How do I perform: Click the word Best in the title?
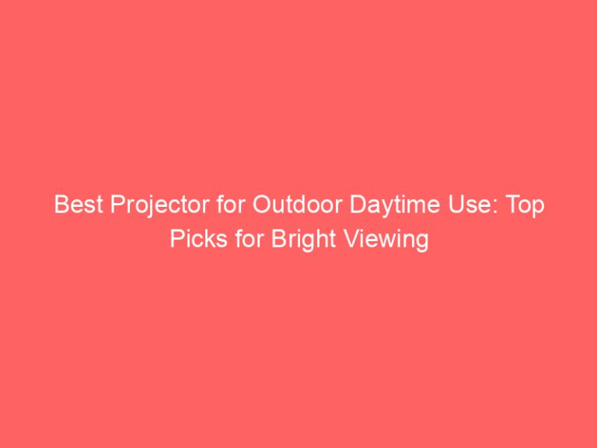click(x=72, y=207)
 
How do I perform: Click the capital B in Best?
click(x=60, y=207)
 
